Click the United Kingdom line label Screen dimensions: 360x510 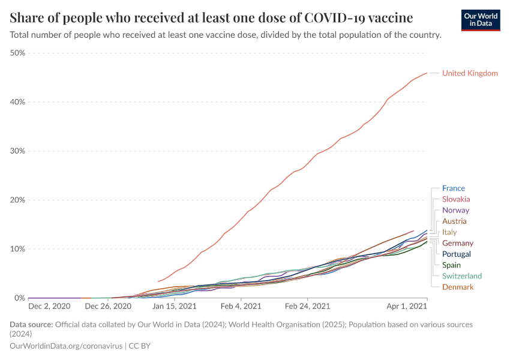pyautogui.click(x=470, y=73)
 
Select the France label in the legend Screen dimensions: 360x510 pyautogui.click(x=453, y=188)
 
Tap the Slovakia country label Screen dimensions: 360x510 pyautogui.click(x=456, y=199)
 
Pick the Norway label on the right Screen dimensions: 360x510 pyautogui.click(x=455, y=211)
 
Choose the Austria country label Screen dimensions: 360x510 pyautogui.click(x=454, y=221)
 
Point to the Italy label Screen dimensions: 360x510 pyautogui.click(x=449, y=232)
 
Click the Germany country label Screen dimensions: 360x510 pyautogui.click(x=458, y=243)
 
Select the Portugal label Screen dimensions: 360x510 pyautogui.click(x=457, y=254)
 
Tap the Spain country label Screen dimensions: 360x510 pyautogui.click(x=451, y=265)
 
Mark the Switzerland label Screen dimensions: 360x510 pyautogui.click(x=462, y=276)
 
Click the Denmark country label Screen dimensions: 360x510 pyautogui.click(x=458, y=287)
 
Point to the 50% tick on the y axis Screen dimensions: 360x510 pyautogui.click(x=18, y=53)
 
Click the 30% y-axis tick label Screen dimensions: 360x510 pyautogui.click(x=18, y=151)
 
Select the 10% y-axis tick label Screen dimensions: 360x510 pyautogui.click(x=18, y=249)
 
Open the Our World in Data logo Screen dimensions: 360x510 pyautogui.click(x=481, y=20)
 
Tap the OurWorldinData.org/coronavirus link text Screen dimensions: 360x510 pyautogui.click(x=66, y=346)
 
